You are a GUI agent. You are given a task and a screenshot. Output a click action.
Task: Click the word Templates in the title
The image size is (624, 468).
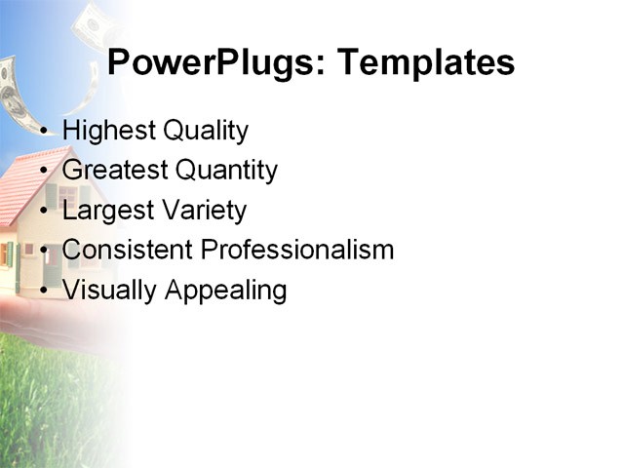coord(425,63)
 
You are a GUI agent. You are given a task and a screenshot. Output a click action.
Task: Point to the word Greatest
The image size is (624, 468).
coord(115,171)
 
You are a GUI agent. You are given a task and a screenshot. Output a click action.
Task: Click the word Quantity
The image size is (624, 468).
coord(227,171)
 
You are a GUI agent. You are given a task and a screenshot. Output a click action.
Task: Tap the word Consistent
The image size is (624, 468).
coord(128,251)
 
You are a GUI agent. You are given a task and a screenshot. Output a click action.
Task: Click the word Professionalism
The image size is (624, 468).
coord(297,251)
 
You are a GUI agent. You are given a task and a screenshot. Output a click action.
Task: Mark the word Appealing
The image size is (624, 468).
coord(225,291)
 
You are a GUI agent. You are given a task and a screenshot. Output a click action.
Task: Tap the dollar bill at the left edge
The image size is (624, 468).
coord(12,93)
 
